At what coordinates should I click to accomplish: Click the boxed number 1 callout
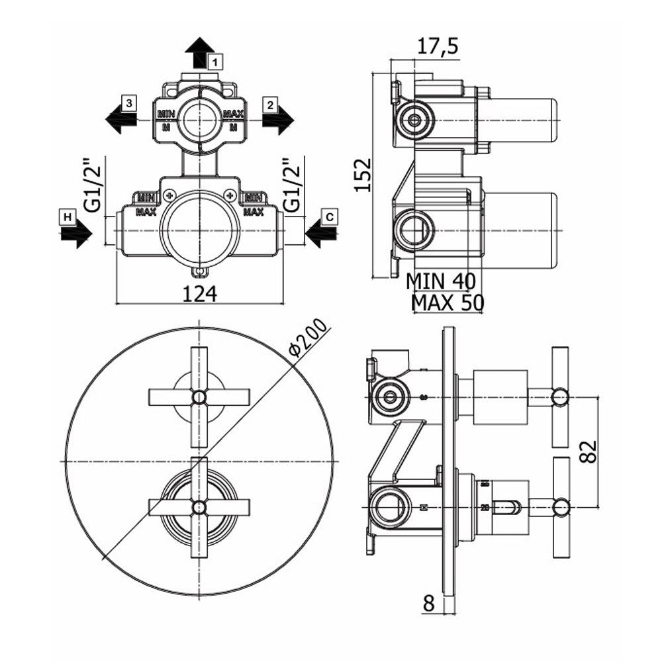point(215,62)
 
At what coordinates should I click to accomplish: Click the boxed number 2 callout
point(269,103)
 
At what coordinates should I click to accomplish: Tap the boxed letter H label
point(67,216)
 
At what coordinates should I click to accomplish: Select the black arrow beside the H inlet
point(75,234)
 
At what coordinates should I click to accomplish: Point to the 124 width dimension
point(199,293)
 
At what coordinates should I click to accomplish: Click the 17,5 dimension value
point(438,46)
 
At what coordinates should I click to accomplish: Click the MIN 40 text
point(440,281)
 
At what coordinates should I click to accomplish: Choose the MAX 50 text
point(448,303)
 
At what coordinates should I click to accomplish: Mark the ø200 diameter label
point(310,338)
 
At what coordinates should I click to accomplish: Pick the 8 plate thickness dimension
point(428,603)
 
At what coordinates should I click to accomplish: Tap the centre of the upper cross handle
point(199,397)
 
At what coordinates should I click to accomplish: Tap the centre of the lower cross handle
point(199,507)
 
